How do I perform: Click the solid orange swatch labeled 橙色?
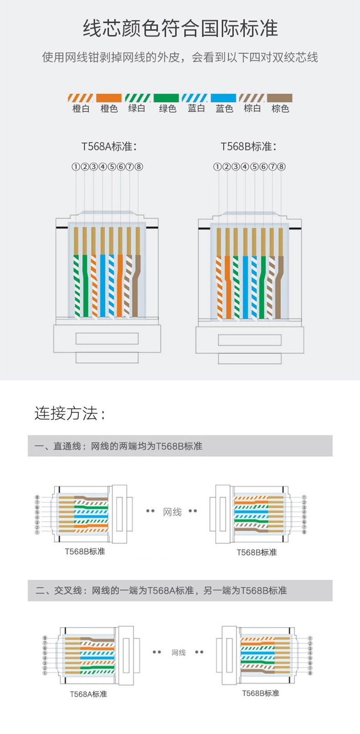(x=109, y=98)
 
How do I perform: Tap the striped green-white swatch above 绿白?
(x=137, y=98)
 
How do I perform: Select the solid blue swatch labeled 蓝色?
(x=223, y=98)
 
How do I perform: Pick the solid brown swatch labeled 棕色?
(x=280, y=98)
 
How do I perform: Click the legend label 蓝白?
(x=196, y=108)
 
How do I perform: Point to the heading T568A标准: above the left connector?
(x=109, y=146)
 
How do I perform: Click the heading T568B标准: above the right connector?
(x=248, y=146)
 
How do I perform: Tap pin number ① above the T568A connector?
(x=76, y=167)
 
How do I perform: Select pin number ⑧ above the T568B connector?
(x=281, y=167)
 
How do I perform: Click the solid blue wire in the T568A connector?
(x=103, y=286)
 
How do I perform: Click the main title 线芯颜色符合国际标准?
(x=180, y=28)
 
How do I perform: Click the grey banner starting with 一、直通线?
(x=180, y=446)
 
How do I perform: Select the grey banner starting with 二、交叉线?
(x=180, y=590)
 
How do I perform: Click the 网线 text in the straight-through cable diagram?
(x=172, y=512)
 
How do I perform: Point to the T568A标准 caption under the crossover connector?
(x=88, y=694)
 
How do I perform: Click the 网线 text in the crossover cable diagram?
(x=179, y=652)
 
